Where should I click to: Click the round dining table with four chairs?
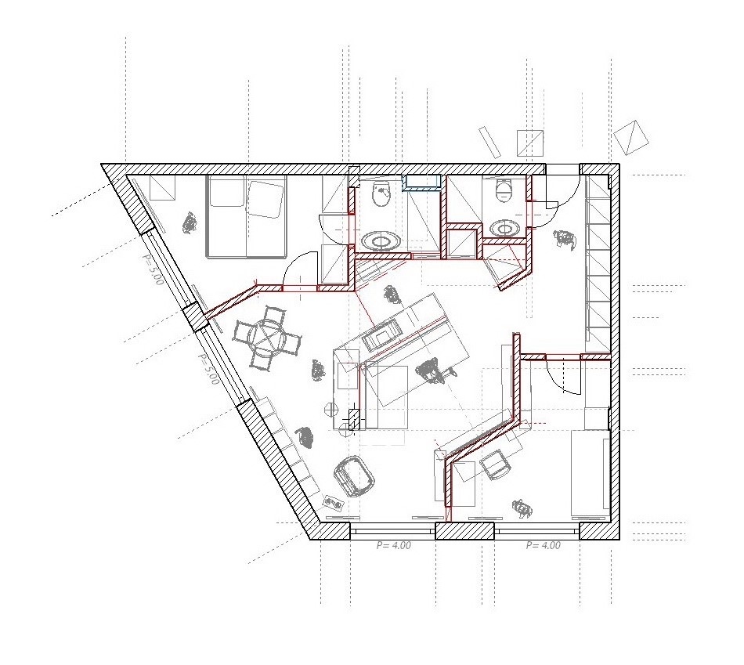tap(268, 338)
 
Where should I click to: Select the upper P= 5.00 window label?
tap(153, 269)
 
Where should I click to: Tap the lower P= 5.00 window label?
tap(208, 368)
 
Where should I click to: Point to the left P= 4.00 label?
tap(394, 545)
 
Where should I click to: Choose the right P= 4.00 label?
tap(544, 545)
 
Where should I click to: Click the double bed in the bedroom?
tap(247, 216)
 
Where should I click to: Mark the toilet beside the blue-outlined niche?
tap(381, 192)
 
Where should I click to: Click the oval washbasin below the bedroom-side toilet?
tap(381, 240)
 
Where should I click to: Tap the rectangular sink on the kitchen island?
tap(381, 333)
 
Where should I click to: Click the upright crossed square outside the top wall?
tap(530, 143)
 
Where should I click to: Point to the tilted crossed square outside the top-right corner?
tap(631, 137)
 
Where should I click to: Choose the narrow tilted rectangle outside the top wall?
tap(489, 142)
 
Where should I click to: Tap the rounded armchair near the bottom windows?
tap(354, 476)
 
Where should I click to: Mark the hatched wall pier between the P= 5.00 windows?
tap(195, 317)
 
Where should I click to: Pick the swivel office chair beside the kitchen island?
tap(432, 370)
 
